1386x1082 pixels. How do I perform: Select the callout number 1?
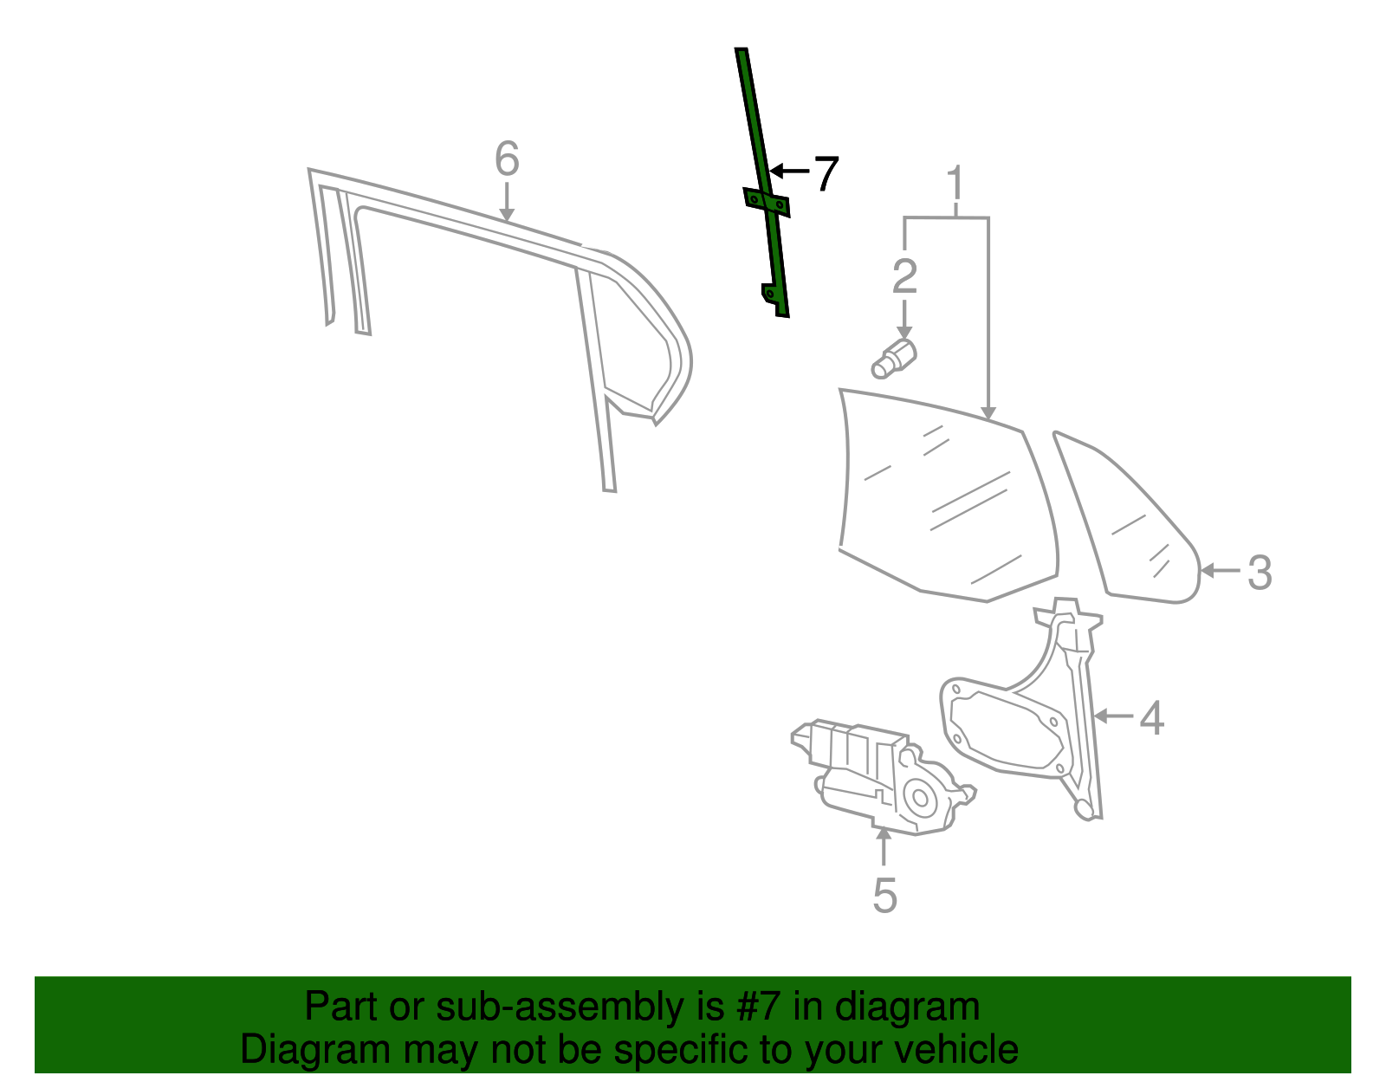(955, 184)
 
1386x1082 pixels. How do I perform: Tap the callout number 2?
(904, 276)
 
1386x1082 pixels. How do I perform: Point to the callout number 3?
(1260, 572)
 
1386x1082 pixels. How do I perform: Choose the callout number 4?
(1151, 717)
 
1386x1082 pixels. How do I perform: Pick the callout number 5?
(884, 895)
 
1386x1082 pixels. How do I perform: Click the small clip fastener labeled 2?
(894, 360)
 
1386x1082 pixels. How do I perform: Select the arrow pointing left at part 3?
(1221, 570)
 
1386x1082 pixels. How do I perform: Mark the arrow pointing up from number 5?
(883, 846)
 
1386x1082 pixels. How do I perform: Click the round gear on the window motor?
(918, 795)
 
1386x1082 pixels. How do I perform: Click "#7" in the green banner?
(759, 1007)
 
